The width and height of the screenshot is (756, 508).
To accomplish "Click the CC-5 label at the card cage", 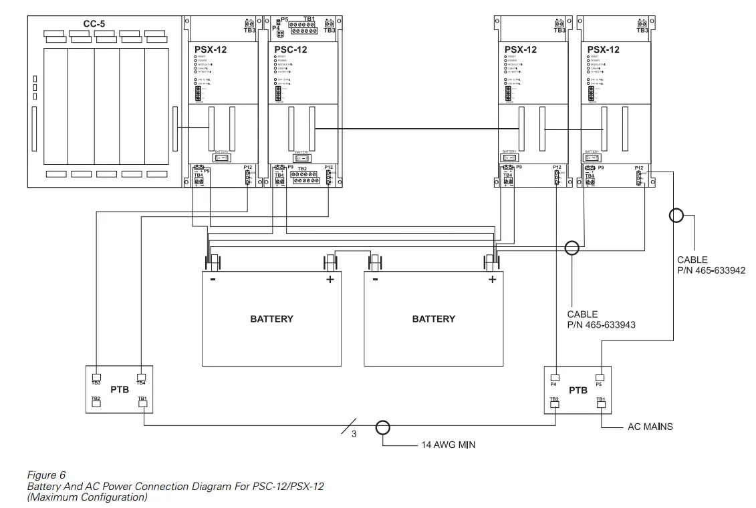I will pyautogui.click(x=94, y=24).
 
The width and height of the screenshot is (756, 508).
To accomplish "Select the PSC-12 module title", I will pyautogui.click(x=291, y=49).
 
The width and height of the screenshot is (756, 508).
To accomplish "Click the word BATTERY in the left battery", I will pyautogui.click(x=271, y=319).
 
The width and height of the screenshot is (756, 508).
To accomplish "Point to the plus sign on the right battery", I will pyautogui.click(x=492, y=280).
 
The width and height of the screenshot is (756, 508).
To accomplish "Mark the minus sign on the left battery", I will pyautogui.click(x=213, y=280).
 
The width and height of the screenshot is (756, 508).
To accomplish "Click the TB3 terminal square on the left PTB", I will pyautogui.click(x=96, y=376).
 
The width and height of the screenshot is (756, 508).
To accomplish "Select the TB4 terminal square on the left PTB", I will pyautogui.click(x=141, y=376).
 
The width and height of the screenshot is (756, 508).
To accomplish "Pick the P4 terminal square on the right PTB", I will pyautogui.click(x=554, y=376).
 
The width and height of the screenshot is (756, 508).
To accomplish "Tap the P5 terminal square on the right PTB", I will pyautogui.click(x=600, y=376).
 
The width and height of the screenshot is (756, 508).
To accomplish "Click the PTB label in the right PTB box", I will pyautogui.click(x=578, y=390).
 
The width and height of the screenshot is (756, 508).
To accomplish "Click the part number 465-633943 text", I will pyautogui.click(x=601, y=325).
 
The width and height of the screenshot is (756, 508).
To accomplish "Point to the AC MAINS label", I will pyautogui.click(x=650, y=426).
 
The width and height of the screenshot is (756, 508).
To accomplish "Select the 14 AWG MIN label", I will pyautogui.click(x=448, y=445).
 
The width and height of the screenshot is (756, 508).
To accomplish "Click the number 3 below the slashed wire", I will pyautogui.click(x=354, y=435).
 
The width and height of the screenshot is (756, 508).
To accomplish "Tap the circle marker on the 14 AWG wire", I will pyautogui.click(x=382, y=427).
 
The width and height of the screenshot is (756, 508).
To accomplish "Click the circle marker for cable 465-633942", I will pyautogui.click(x=676, y=216).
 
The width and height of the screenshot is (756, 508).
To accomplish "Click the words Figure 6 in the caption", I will pyautogui.click(x=46, y=475).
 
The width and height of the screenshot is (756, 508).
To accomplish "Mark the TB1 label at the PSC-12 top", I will pyautogui.click(x=309, y=19).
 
